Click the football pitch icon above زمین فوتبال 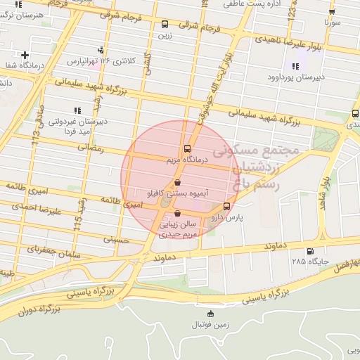(x=211, y=314)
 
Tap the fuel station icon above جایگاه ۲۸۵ (x=310, y=251)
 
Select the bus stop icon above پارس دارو (x=226, y=206)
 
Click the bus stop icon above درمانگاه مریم (x=187, y=148)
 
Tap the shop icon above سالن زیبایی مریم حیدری (x=176, y=213)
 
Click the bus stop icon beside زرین (x=165, y=23)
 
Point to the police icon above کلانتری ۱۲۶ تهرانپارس (x=102, y=49)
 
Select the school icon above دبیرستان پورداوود (x=295, y=65)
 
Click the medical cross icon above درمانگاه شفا (x=25, y=55)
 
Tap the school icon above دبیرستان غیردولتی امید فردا (x=77, y=110)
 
